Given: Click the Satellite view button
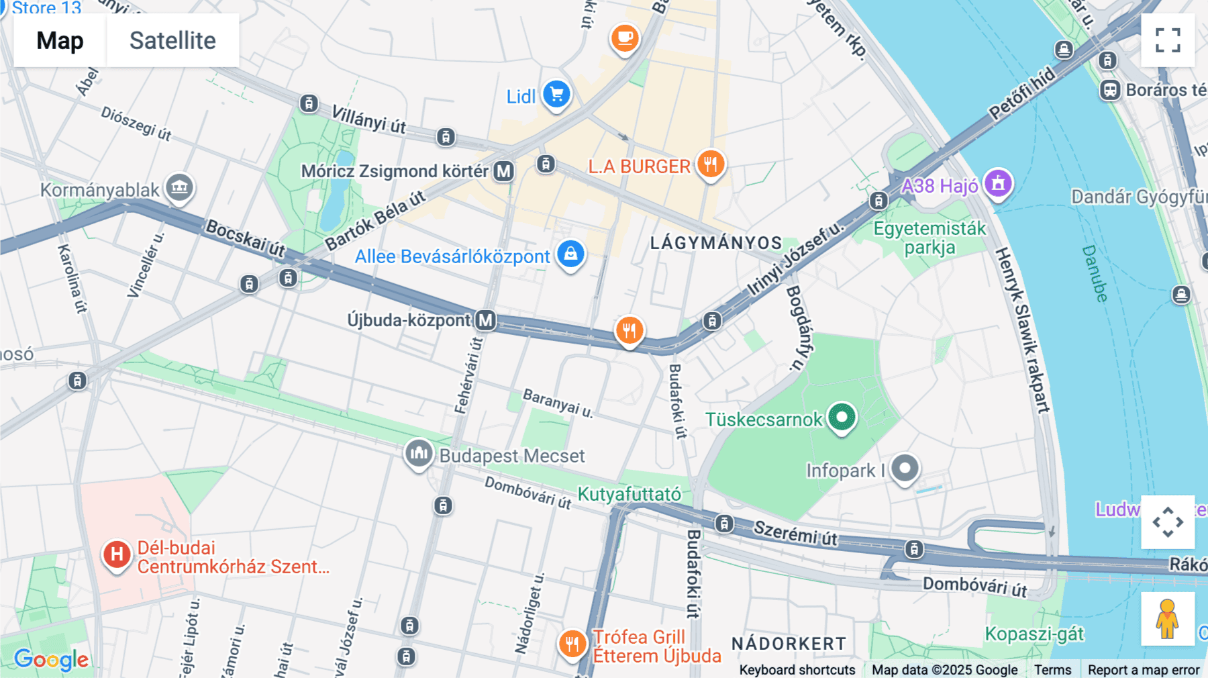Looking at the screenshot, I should point(172,40).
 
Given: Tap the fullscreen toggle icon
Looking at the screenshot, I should point(1168,40).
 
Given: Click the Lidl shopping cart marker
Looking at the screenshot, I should point(556,95).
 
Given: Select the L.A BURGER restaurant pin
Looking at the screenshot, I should point(710,164).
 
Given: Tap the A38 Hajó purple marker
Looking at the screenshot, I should point(998,183).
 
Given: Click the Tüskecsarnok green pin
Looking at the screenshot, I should point(842,418).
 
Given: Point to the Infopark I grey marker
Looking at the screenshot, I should point(905,469).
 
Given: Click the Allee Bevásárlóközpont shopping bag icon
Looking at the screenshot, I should point(570,254).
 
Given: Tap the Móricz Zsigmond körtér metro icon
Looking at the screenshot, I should point(504,172).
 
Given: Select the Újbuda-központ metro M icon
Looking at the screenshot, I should point(486,320).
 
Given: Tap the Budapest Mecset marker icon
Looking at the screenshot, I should point(419,454).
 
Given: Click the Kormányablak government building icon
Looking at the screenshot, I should point(179,188).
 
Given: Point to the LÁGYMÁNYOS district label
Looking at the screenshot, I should point(715,243).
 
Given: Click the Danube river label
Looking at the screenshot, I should point(1094,273).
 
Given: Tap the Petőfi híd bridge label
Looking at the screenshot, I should point(1022,93).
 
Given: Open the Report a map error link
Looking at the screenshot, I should point(1143,669).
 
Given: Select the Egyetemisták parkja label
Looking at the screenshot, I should point(929,238).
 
